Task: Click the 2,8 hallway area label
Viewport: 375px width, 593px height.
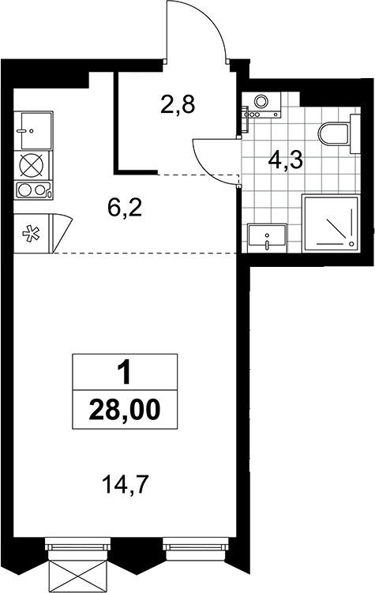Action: (x=178, y=105)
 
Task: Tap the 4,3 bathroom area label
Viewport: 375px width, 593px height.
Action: (x=286, y=161)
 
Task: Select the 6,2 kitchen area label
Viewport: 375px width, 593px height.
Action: (x=125, y=207)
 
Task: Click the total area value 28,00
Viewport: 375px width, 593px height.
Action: (x=125, y=410)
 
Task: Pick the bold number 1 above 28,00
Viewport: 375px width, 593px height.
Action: (x=125, y=373)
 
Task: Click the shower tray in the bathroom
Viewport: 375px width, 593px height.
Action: (x=330, y=223)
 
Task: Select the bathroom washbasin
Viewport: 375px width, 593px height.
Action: (x=267, y=238)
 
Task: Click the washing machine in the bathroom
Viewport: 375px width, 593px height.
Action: (x=261, y=104)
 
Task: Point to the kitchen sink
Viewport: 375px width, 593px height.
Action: (x=33, y=130)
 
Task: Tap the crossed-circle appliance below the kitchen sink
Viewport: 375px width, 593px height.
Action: (x=32, y=165)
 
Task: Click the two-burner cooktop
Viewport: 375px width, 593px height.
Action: (x=32, y=190)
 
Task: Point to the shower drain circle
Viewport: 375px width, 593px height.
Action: (x=351, y=243)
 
